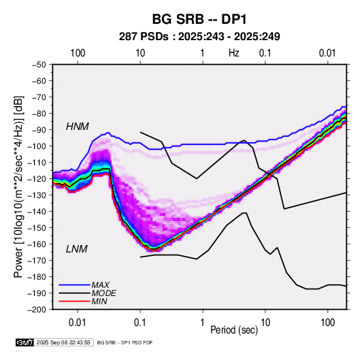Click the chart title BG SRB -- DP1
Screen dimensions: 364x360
coord(199,19)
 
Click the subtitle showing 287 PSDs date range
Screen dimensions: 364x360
coord(199,37)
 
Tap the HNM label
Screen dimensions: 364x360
coord(78,127)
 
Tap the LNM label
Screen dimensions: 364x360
coord(77,249)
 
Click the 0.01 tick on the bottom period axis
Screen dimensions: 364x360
coord(78,323)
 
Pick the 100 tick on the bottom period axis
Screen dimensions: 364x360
coord(328,323)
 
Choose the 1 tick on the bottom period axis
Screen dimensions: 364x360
coord(203,323)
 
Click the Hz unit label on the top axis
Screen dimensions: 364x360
coord(234,53)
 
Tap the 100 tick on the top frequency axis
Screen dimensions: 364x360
coord(78,53)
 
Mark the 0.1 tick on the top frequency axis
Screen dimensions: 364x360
coord(265,53)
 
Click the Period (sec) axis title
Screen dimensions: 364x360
coord(234,330)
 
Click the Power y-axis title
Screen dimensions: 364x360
coord(18,186)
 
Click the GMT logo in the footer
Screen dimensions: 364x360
coord(25,342)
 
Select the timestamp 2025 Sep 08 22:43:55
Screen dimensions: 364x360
coord(63,342)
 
